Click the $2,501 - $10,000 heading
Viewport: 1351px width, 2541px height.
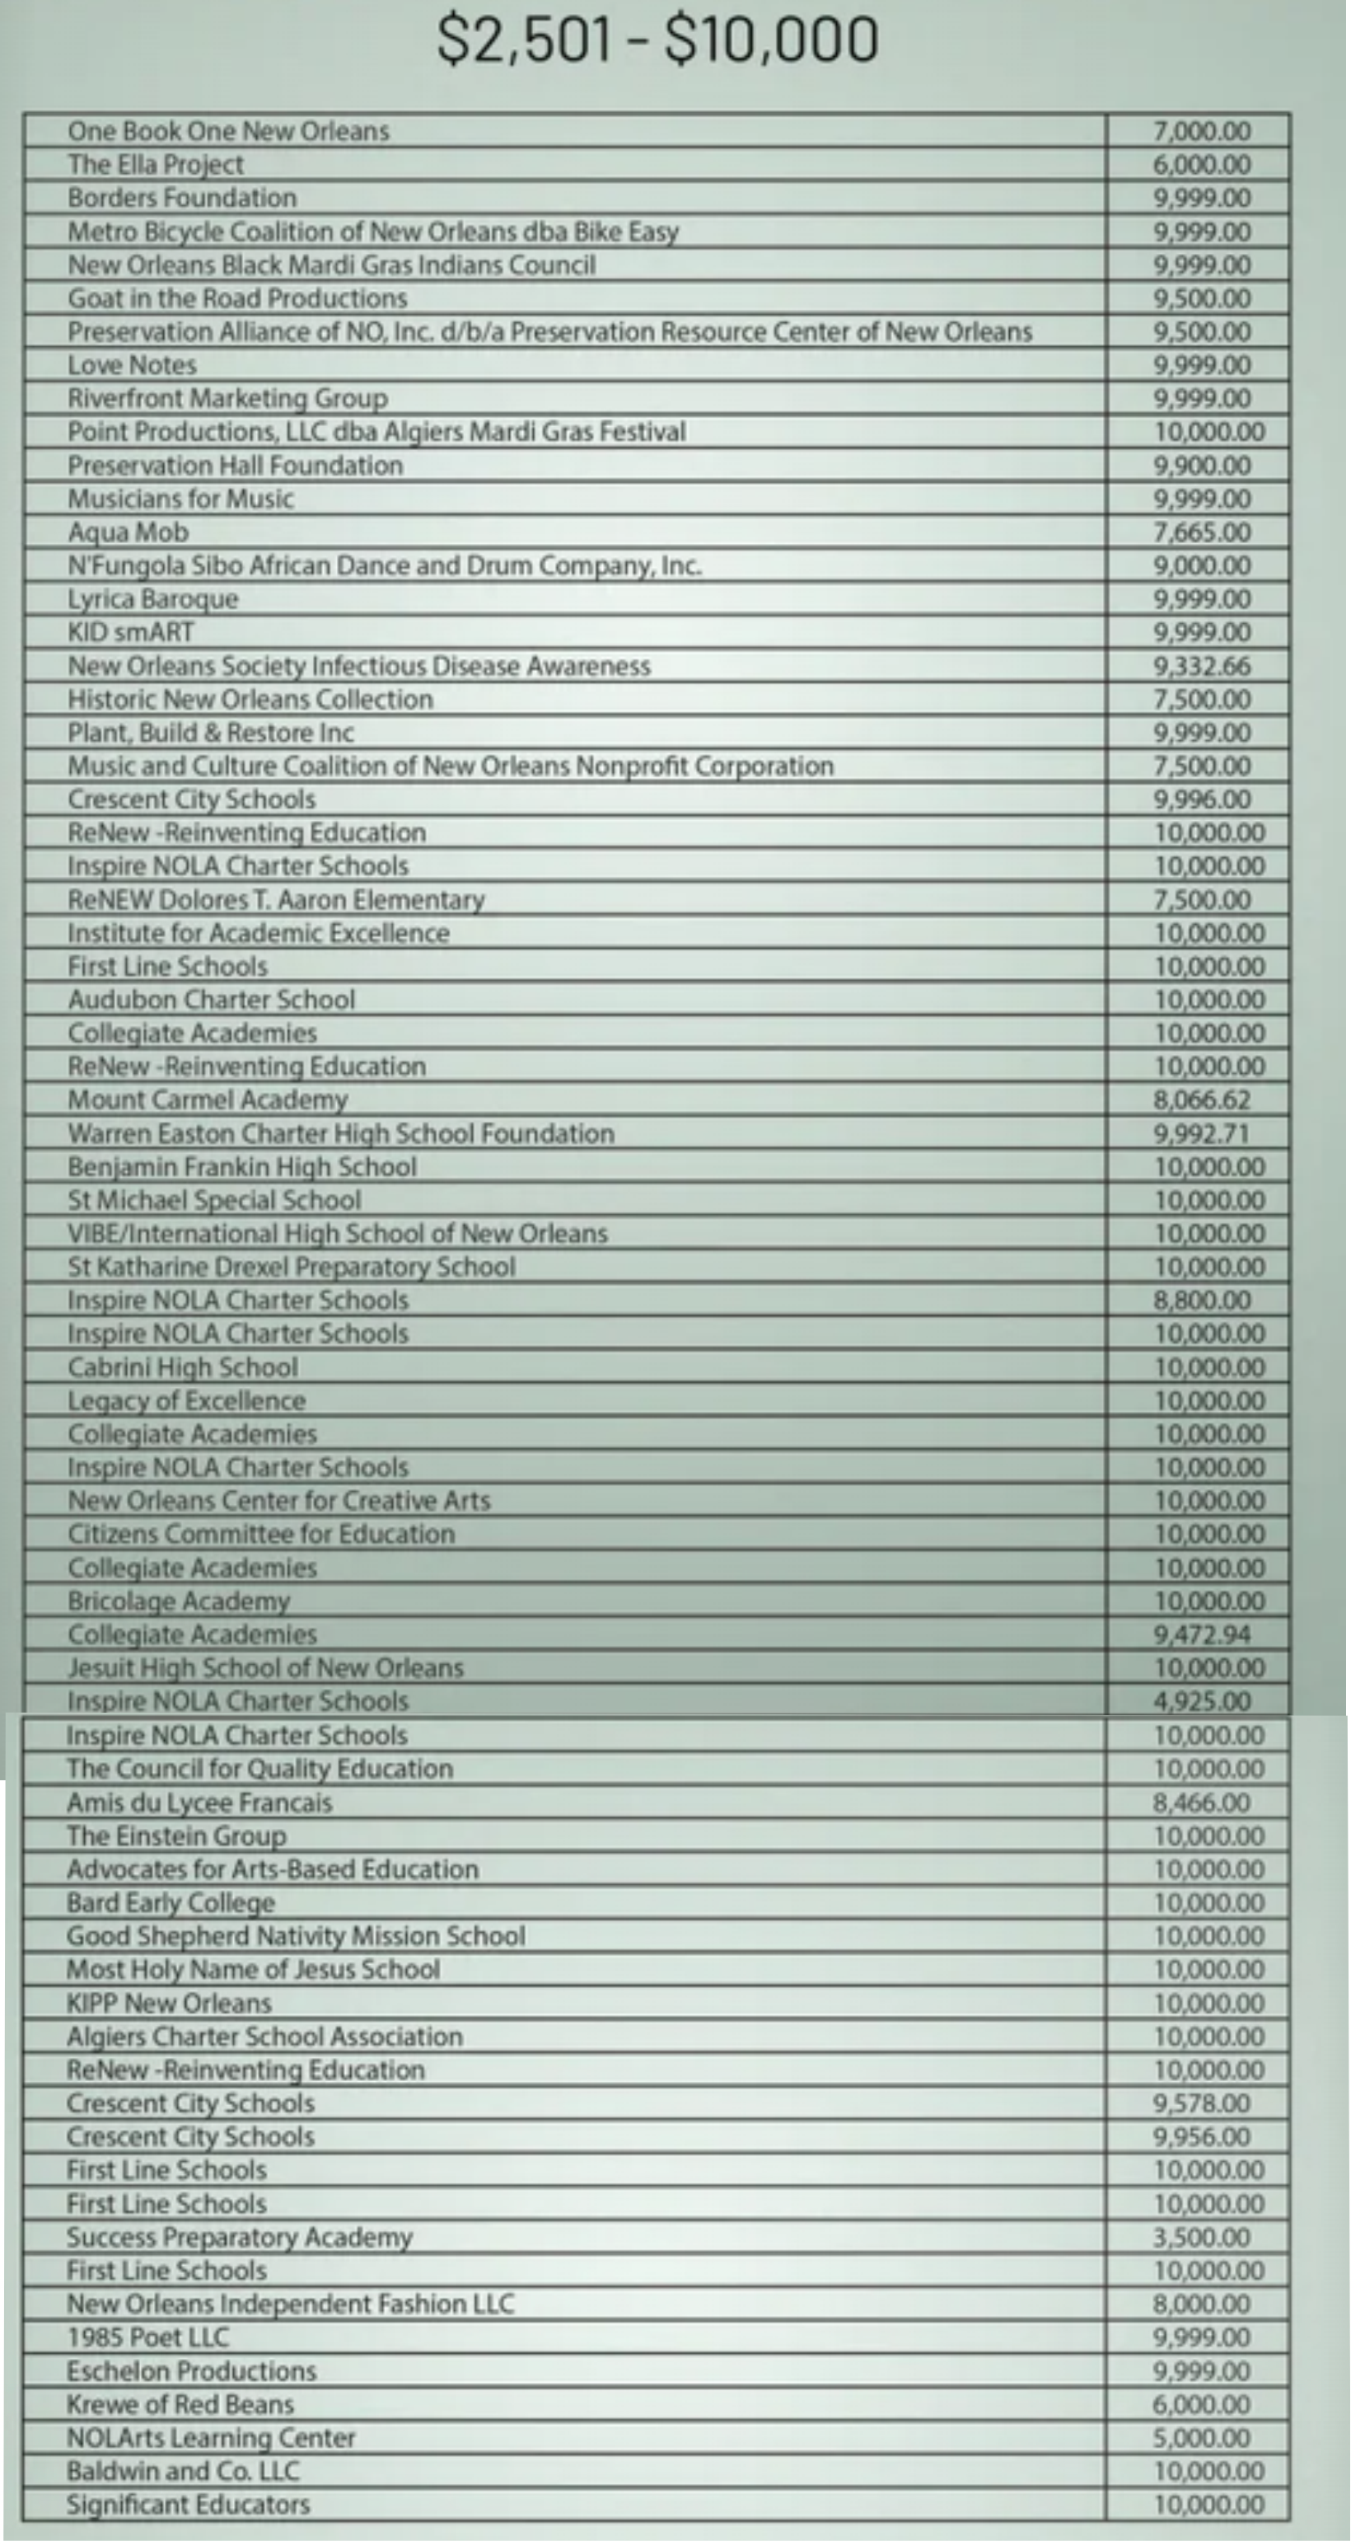tap(657, 40)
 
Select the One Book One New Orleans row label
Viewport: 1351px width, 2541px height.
tap(228, 131)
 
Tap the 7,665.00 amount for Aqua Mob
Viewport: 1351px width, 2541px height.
tap(1202, 532)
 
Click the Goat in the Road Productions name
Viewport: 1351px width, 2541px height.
tap(236, 298)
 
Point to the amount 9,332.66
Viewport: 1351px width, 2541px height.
tap(1202, 666)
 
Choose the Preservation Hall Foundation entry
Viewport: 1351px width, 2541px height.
tap(235, 466)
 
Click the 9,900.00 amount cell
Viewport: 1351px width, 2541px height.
tap(1202, 466)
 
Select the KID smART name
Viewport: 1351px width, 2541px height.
tap(130, 632)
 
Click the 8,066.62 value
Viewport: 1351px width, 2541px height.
tap(1202, 1099)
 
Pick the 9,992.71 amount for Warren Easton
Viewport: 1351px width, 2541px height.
tap(1202, 1133)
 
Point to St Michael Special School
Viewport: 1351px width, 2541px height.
tap(214, 1201)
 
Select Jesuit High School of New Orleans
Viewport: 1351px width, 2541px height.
tap(265, 1668)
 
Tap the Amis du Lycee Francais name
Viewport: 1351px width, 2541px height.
tap(199, 1803)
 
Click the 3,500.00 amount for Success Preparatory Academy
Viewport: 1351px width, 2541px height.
tap(1202, 2237)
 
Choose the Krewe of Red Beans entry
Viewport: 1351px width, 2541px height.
tap(180, 2405)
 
